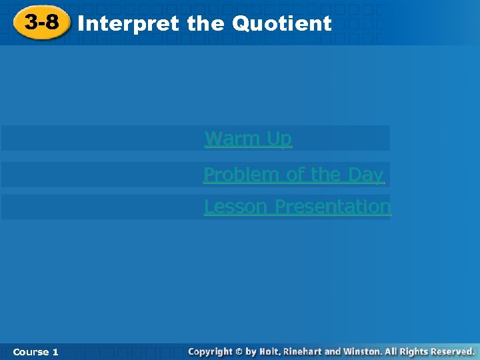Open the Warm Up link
coord(248,139)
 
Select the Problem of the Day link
coord(293,175)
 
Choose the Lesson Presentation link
coord(297,207)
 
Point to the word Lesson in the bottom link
coord(237,207)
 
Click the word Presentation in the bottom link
coord(333,207)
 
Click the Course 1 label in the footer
coord(35,351)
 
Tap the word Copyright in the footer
coord(211,351)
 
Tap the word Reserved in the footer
coord(451,351)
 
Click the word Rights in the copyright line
coord(413,351)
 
